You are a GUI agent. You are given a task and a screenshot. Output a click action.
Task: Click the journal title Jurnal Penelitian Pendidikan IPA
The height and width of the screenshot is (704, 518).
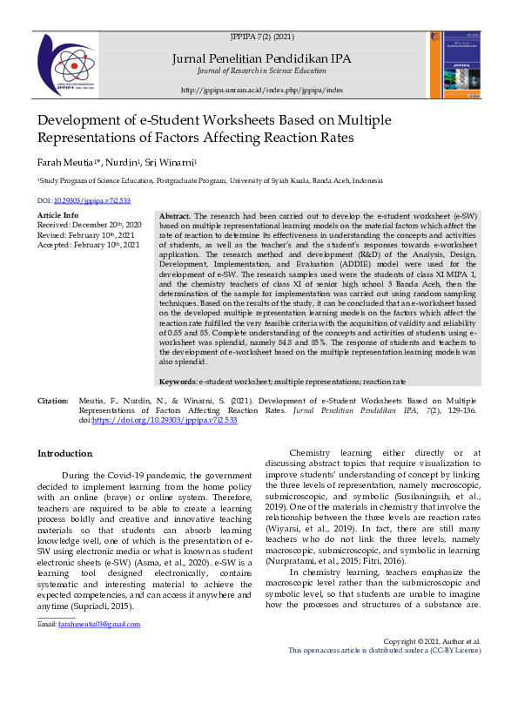point(262,58)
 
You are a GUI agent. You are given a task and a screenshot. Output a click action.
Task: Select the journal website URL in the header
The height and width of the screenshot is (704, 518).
point(262,90)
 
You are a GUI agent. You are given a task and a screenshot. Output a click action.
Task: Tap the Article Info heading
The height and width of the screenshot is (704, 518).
point(58,214)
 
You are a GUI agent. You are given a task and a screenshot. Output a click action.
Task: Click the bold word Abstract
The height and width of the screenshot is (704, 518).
point(175,215)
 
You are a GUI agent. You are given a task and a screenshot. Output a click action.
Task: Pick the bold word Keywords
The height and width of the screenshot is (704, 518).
point(178,382)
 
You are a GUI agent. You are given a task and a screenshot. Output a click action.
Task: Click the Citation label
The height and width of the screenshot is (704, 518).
point(52,400)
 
